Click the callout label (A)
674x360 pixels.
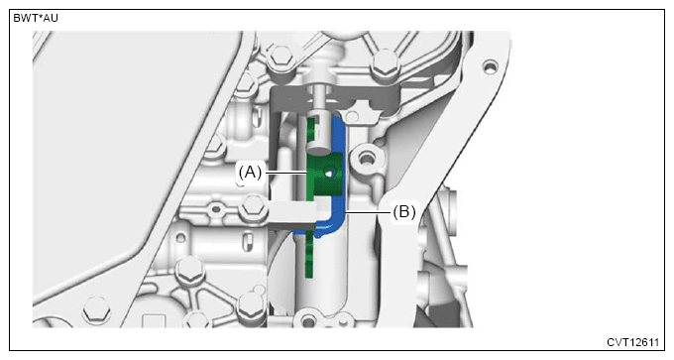coord(250,173)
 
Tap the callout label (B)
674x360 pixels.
coord(403,212)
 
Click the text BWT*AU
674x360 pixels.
coord(36,18)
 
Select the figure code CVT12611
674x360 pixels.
coord(632,342)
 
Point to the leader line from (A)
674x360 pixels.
coord(286,174)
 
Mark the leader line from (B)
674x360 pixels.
coord(368,212)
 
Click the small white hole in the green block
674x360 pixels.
coord(330,174)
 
